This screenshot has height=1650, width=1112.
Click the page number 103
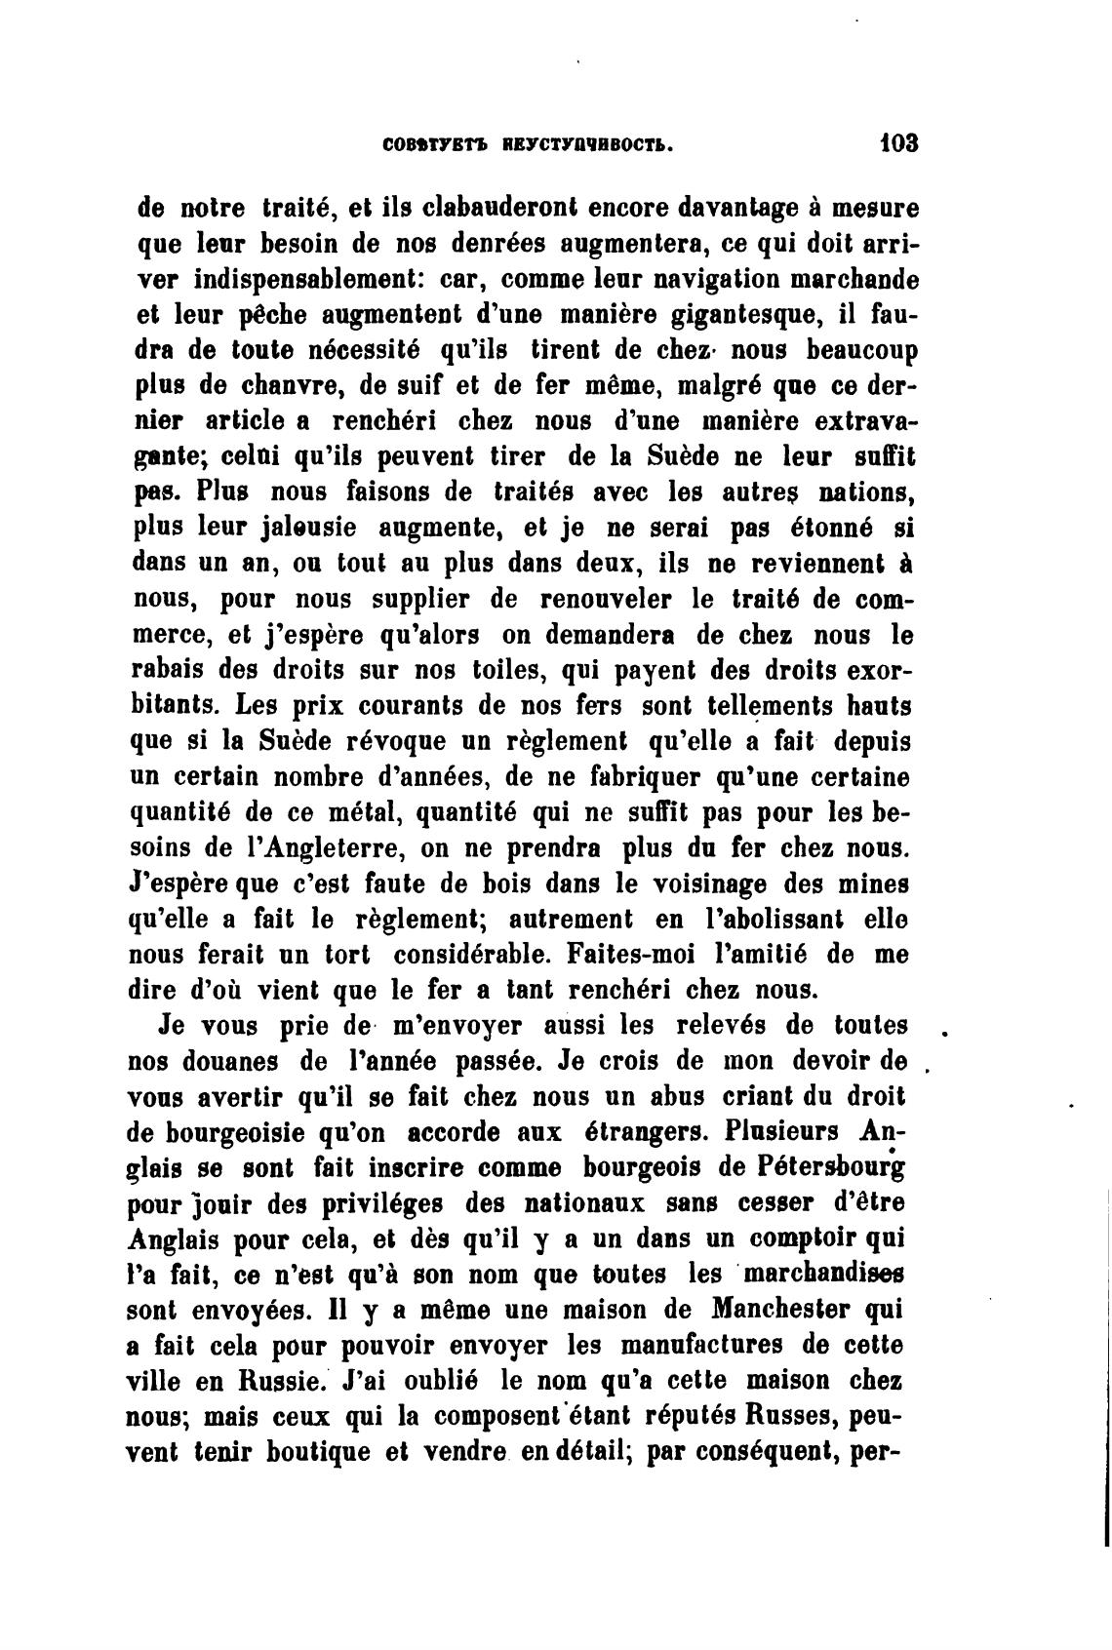click(898, 144)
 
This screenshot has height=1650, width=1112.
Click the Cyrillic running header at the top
click(526, 145)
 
